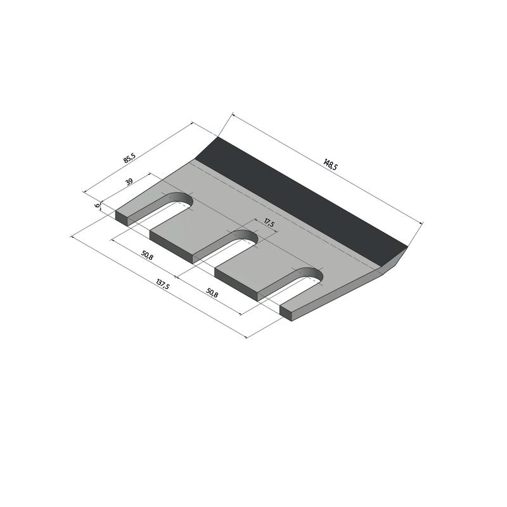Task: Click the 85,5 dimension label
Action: tap(130, 158)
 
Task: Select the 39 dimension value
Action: tap(129, 181)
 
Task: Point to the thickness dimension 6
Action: tap(97, 205)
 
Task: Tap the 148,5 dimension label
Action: tap(330, 164)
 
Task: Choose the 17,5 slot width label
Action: tap(269, 223)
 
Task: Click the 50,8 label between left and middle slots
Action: tap(147, 255)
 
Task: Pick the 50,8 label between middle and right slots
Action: tap(212, 293)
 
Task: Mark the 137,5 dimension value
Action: tap(163, 285)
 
